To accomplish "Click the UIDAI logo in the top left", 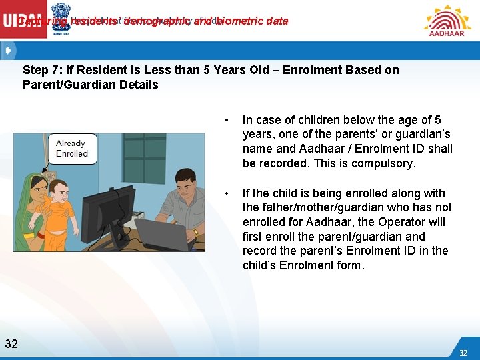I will [23, 20].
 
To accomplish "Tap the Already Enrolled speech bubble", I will [71, 149].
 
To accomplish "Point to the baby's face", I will [57, 192].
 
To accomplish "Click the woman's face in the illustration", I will [35, 187].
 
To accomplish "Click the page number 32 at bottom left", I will [11, 344].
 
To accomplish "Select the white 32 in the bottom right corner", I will [463, 352].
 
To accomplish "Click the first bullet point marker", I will [228, 121].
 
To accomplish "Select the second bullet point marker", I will [228, 194].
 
